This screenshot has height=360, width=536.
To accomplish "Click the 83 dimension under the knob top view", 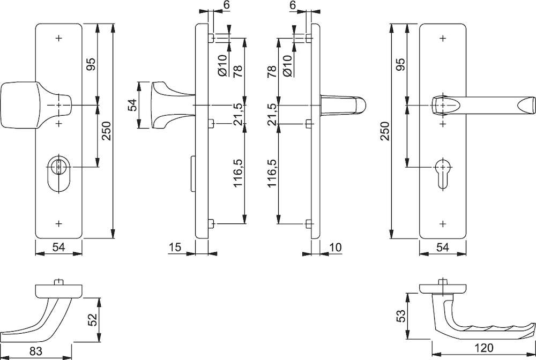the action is [x=36, y=351].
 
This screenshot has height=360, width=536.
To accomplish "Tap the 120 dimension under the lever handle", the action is [x=484, y=348].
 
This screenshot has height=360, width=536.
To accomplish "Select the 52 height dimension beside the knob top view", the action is [x=93, y=320].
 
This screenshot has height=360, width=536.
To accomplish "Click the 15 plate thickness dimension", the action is [x=175, y=247].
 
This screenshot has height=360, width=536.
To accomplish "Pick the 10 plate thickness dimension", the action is [x=336, y=247].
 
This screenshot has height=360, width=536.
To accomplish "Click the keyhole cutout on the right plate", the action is [x=443, y=174].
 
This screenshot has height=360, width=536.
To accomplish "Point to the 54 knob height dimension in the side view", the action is [x=132, y=105].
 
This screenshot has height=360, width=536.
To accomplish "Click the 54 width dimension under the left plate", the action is [x=58, y=247].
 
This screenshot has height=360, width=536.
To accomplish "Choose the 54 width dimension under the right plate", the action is [x=443, y=247].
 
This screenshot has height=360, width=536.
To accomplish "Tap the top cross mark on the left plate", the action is [x=59, y=38].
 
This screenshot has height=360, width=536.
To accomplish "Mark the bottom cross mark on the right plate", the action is [x=443, y=224].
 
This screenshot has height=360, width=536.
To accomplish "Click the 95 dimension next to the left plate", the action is [x=91, y=64].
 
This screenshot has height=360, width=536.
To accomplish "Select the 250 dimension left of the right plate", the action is [x=385, y=131].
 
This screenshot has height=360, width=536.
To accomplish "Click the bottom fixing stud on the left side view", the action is [x=211, y=224].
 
